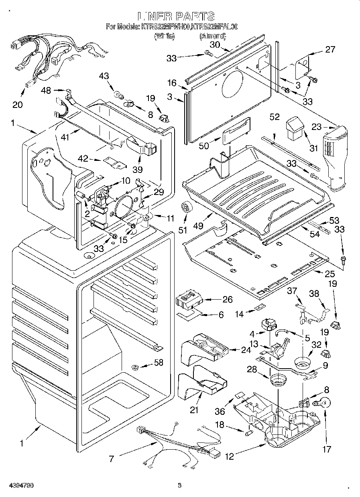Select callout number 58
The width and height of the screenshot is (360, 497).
click(x=159, y=363)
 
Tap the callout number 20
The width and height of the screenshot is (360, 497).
click(x=18, y=104)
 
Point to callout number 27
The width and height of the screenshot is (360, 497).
click(x=329, y=49)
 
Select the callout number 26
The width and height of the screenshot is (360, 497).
click(x=227, y=299)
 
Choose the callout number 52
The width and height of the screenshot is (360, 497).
click(x=275, y=117)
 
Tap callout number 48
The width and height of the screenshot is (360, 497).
click(x=47, y=91)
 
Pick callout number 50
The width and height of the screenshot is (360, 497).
click(x=204, y=146)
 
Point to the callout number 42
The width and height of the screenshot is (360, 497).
click(x=82, y=159)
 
